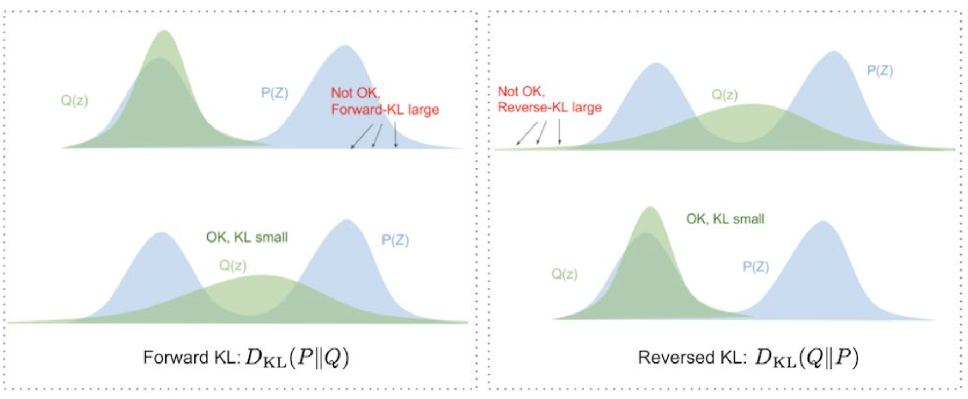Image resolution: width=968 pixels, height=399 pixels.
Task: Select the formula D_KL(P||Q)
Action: [297, 358]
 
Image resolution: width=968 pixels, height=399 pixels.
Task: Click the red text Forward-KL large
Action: [385, 110]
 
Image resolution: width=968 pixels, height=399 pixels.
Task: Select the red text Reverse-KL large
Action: [549, 108]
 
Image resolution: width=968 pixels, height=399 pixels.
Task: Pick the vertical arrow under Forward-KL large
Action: [395, 134]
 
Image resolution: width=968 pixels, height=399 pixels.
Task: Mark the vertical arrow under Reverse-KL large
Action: [559, 132]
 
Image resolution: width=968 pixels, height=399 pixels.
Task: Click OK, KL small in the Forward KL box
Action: [247, 237]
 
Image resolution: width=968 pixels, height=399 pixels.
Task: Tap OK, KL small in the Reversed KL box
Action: [725, 219]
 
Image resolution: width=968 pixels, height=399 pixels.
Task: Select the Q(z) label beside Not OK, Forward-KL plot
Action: [74, 101]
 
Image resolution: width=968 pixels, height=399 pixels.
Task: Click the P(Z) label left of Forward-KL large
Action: [274, 93]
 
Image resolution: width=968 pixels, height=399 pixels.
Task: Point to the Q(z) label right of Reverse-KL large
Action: [725, 95]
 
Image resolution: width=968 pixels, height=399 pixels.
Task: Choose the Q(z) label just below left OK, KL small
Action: [233, 265]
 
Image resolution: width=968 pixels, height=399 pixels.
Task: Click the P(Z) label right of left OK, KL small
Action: [395, 240]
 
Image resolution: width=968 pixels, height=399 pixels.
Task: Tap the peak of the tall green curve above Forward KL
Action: [164, 32]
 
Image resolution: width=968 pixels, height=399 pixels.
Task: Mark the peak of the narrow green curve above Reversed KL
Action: [650, 208]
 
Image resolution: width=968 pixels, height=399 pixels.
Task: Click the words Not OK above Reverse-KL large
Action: [521, 91]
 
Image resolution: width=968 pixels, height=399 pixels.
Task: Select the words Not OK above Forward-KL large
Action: [355, 93]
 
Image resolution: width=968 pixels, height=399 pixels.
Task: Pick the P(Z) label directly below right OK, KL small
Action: [755, 267]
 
